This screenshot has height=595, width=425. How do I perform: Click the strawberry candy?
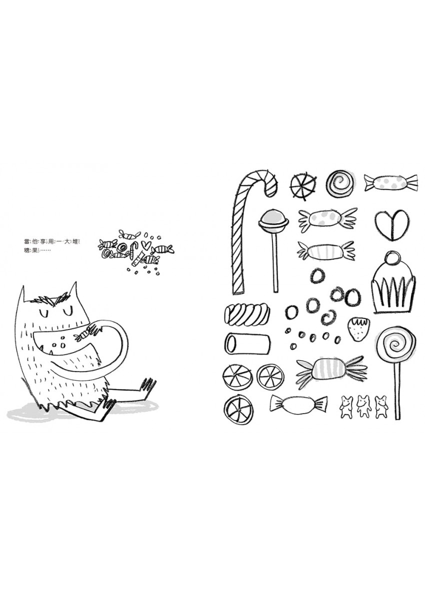[357, 328]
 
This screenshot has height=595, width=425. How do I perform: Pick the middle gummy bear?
[363, 406]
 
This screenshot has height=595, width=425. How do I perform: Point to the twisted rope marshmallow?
[247, 314]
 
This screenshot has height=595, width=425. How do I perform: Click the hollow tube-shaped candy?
[247, 343]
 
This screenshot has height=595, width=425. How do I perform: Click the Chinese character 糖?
[26, 251]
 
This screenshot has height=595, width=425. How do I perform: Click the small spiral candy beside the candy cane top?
[338, 183]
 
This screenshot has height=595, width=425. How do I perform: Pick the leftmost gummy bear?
[346, 406]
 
